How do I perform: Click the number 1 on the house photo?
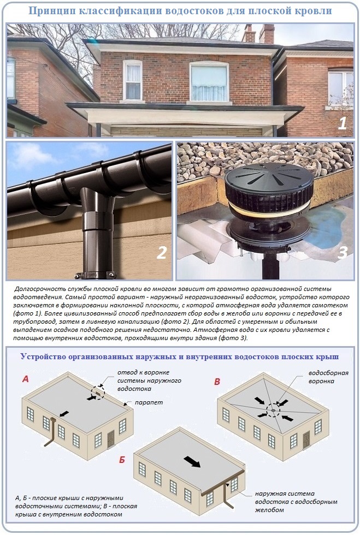click(x=342, y=122)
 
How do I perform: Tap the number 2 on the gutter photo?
click(x=162, y=253)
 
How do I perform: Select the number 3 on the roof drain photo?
click(x=342, y=253)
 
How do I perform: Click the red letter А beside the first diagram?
click(x=25, y=378)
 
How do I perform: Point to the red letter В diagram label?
click(x=217, y=381)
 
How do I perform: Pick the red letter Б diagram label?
click(x=122, y=460)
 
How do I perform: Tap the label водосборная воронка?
click(x=327, y=377)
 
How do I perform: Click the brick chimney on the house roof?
click(x=267, y=34)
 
